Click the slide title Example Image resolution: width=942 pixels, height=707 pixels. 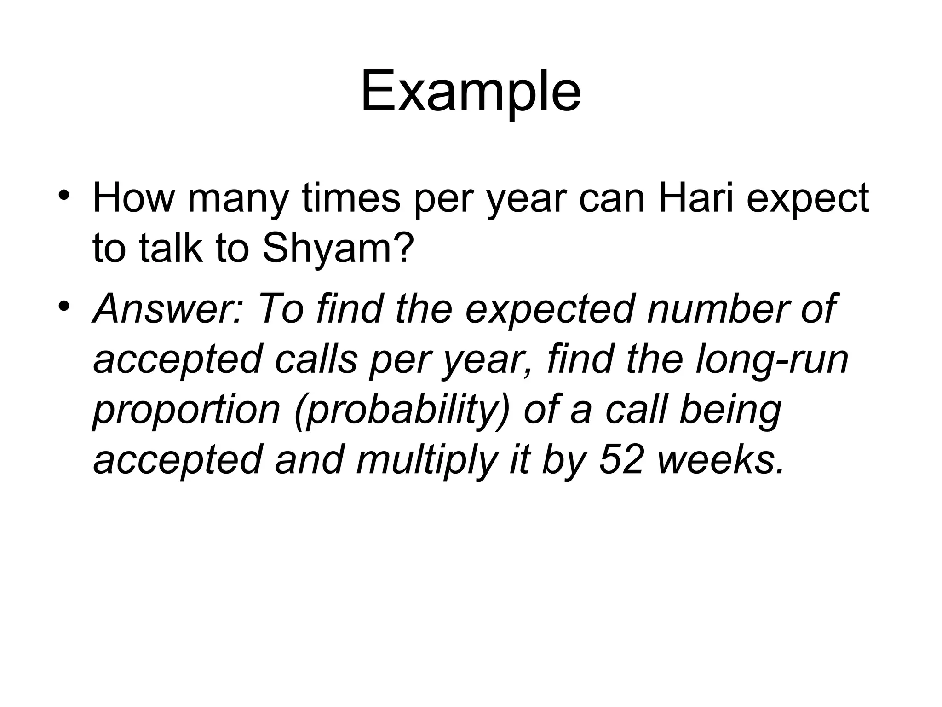coord(471,92)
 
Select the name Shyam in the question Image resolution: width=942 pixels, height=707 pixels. coord(335,249)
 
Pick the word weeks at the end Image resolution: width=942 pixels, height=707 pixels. coord(720,460)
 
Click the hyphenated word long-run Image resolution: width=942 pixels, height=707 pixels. coord(772,359)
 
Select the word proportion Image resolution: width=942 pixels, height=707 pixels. coord(187,411)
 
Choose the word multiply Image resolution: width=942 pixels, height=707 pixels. coord(427,461)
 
